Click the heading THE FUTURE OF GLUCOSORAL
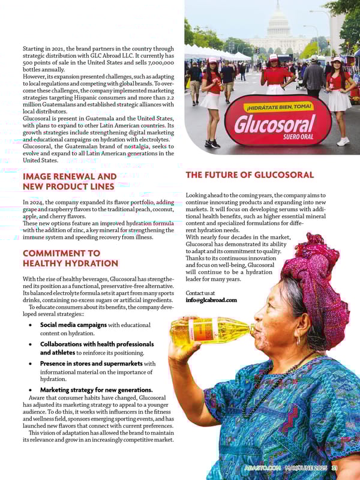(x=250, y=175)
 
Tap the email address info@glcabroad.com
(x=211, y=300)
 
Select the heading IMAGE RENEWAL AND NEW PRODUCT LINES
(x=70, y=182)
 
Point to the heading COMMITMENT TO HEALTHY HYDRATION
(x=70, y=258)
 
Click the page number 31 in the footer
(x=335, y=468)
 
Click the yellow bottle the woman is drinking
(x=210, y=331)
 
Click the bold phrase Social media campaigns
(x=73, y=325)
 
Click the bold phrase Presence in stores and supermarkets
(x=91, y=364)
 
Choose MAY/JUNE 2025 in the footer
(x=305, y=468)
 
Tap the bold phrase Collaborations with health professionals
(x=97, y=344)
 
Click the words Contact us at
(x=200, y=293)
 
